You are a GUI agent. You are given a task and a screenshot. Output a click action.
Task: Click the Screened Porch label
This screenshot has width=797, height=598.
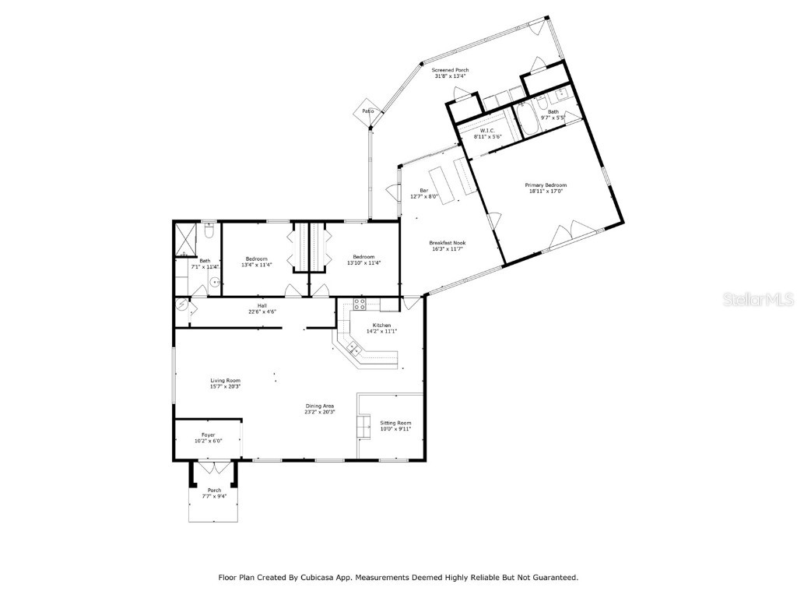click(450, 70)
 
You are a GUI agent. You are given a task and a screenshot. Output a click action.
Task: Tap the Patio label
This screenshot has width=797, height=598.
click(368, 111)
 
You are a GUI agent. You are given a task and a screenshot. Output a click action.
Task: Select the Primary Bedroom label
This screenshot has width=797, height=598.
click(546, 185)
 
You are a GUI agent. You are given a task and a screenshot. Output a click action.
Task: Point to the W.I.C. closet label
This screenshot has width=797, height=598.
click(488, 130)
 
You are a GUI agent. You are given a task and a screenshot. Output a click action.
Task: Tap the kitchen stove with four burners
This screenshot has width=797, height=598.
click(360, 304)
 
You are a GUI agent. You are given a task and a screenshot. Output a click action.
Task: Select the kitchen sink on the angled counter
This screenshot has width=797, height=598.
click(353, 346)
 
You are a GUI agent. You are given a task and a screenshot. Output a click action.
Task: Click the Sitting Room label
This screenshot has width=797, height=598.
click(395, 423)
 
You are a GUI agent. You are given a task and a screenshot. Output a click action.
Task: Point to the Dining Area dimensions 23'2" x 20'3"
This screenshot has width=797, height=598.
click(320, 412)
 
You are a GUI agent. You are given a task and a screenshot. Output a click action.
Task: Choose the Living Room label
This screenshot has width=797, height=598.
click(225, 380)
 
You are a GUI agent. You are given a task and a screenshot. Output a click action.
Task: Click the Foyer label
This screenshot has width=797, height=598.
click(208, 434)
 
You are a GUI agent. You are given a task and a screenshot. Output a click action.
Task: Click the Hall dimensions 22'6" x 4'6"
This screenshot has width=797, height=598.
click(262, 311)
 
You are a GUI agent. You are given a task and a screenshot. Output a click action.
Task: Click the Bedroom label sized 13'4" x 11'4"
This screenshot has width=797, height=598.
click(257, 258)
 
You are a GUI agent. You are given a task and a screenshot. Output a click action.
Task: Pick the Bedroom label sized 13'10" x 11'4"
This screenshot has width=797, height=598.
click(363, 257)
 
